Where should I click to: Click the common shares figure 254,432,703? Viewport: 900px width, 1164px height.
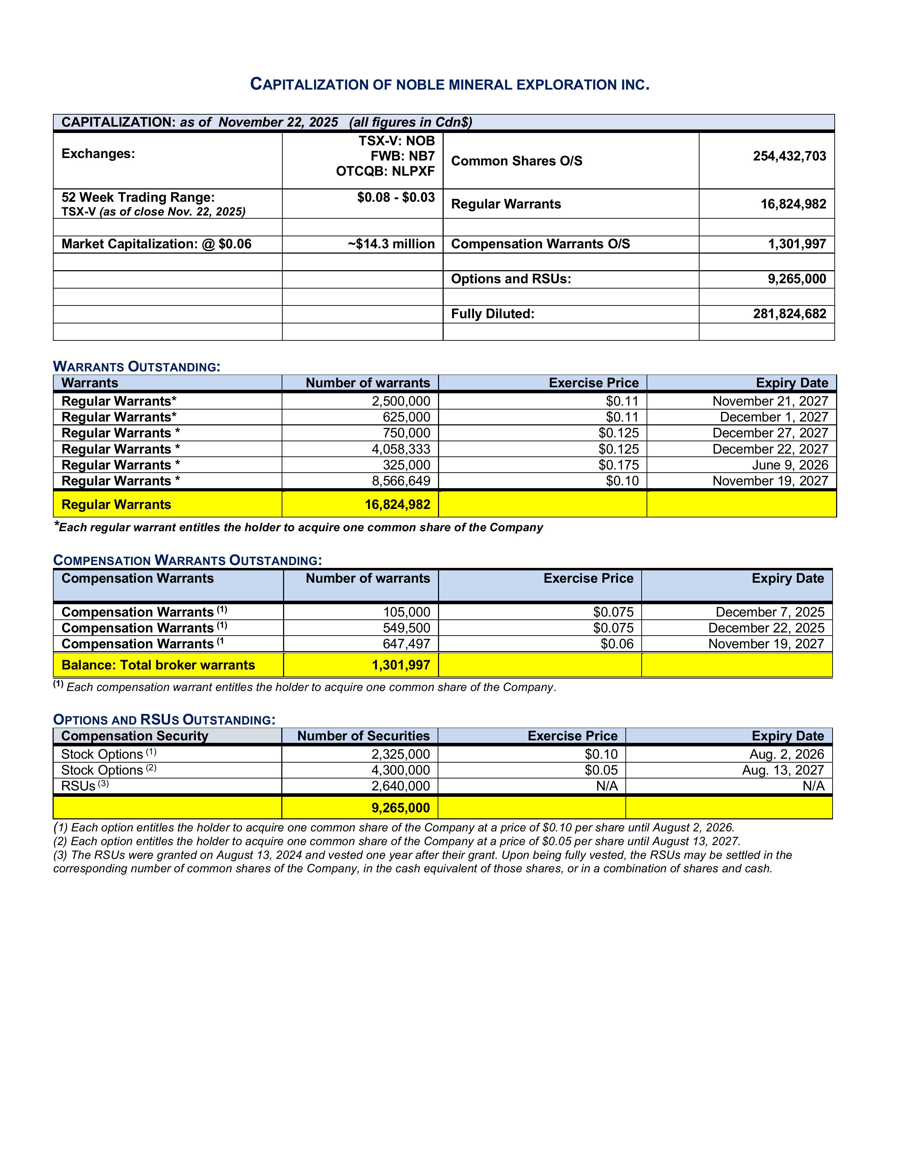point(789,156)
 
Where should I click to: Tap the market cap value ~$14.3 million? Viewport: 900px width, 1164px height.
point(391,244)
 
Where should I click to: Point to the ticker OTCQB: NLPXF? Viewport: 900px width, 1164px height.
point(385,171)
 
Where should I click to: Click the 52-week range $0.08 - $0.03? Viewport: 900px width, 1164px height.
point(396,198)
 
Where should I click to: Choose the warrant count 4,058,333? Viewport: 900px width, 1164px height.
point(401,449)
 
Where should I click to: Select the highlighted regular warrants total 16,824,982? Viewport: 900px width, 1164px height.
point(397,505)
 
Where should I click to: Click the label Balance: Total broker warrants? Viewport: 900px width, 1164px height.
point(158,665)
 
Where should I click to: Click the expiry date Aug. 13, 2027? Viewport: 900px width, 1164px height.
point(783,770)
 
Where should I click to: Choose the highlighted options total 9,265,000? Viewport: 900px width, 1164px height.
point(401,808)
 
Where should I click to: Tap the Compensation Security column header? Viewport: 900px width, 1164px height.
point(134,736)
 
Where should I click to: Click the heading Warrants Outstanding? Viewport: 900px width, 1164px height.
point(137,367)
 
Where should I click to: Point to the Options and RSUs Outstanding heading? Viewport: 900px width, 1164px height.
point(164,720)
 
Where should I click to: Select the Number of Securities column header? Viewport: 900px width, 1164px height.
point(363,736)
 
